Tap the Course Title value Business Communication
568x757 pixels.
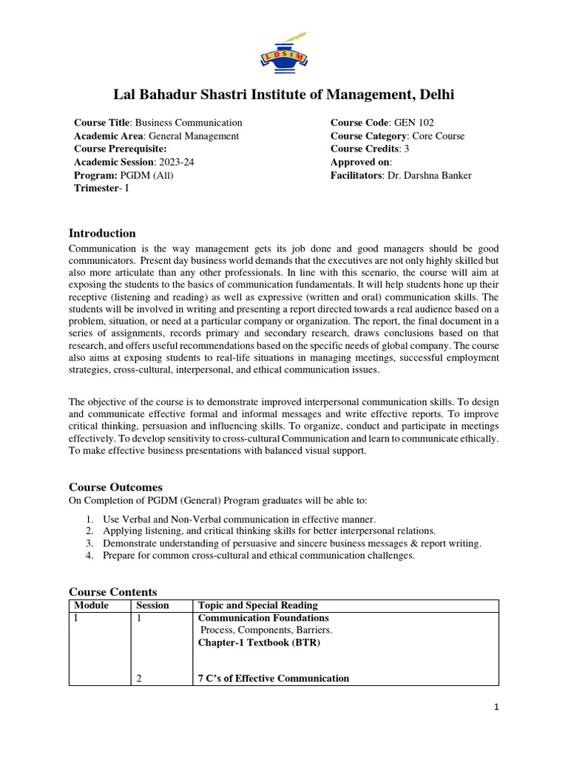pos(189,123)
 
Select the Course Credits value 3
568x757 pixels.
pos(406,149)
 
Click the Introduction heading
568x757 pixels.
pos(102,234)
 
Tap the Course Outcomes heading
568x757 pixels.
pos(115,487)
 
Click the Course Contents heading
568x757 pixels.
pos(113,592)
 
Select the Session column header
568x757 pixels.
pos(153,605)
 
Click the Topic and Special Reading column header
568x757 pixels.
pos(257,605)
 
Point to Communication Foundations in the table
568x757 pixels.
pos(263,618)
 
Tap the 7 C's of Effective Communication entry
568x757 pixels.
pos(273,679)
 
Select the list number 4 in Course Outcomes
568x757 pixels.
pos(89,556)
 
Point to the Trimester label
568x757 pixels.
pos(96,189)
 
